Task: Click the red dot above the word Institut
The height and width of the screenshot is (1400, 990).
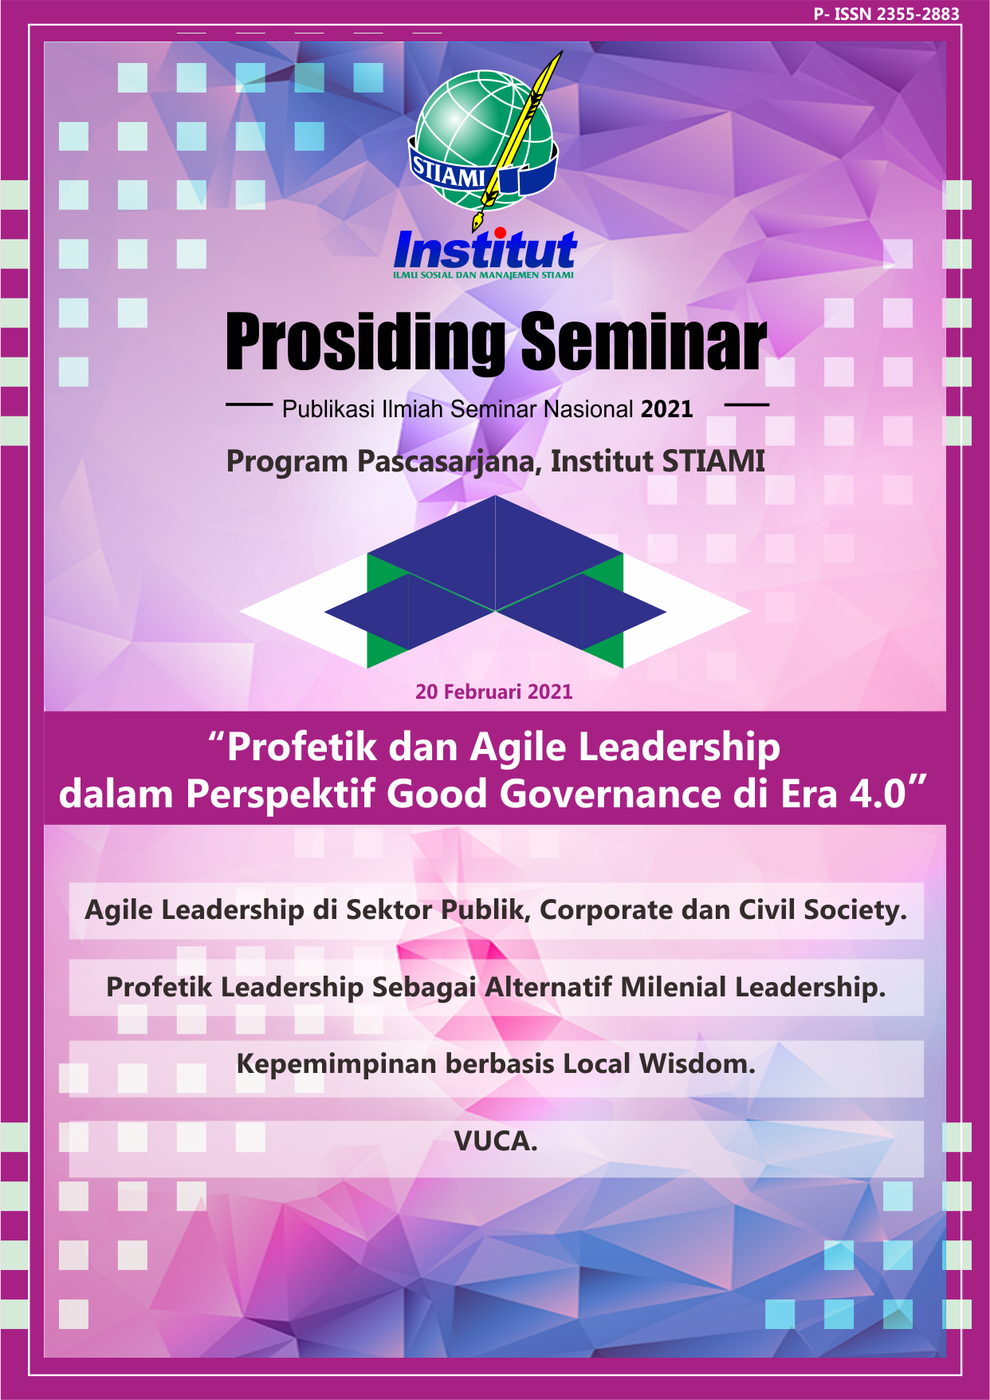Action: pyautogui.click(x=500, y=233)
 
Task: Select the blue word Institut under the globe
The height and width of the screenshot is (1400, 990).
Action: pyautogui.click(x=485, y=250)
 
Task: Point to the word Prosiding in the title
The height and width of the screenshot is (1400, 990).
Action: pyautogui.click(x=366, y=343)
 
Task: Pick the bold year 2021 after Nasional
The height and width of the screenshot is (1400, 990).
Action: pyautogui.click(x=667, y=409)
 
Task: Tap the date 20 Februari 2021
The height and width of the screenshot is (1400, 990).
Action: pyautogui.click(x=494, y=692)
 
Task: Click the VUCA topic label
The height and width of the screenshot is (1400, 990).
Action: pyautogui.click(x=496, y=1142)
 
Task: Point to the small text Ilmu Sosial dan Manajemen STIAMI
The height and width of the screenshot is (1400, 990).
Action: pyautogui.click(x=483, y=275)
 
